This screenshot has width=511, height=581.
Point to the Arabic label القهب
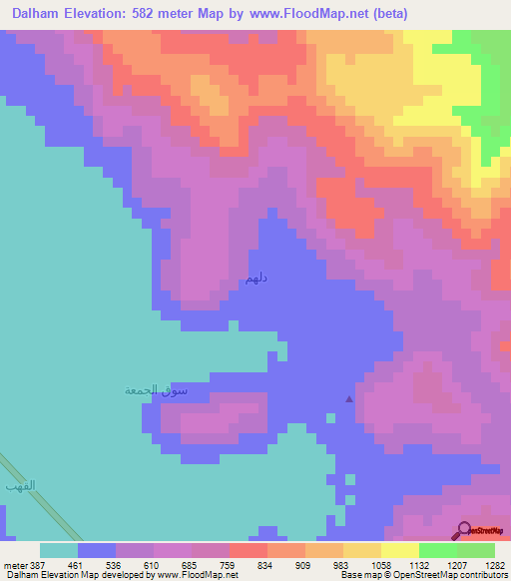coord(20,485)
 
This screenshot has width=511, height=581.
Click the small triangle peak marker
coord(348,399)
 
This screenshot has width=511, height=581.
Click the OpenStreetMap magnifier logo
coord(465,529)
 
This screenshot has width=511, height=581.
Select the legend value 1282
coord(493,564)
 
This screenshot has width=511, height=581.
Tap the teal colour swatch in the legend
coord(59,550)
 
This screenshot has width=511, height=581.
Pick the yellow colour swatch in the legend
coord(399,550)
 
